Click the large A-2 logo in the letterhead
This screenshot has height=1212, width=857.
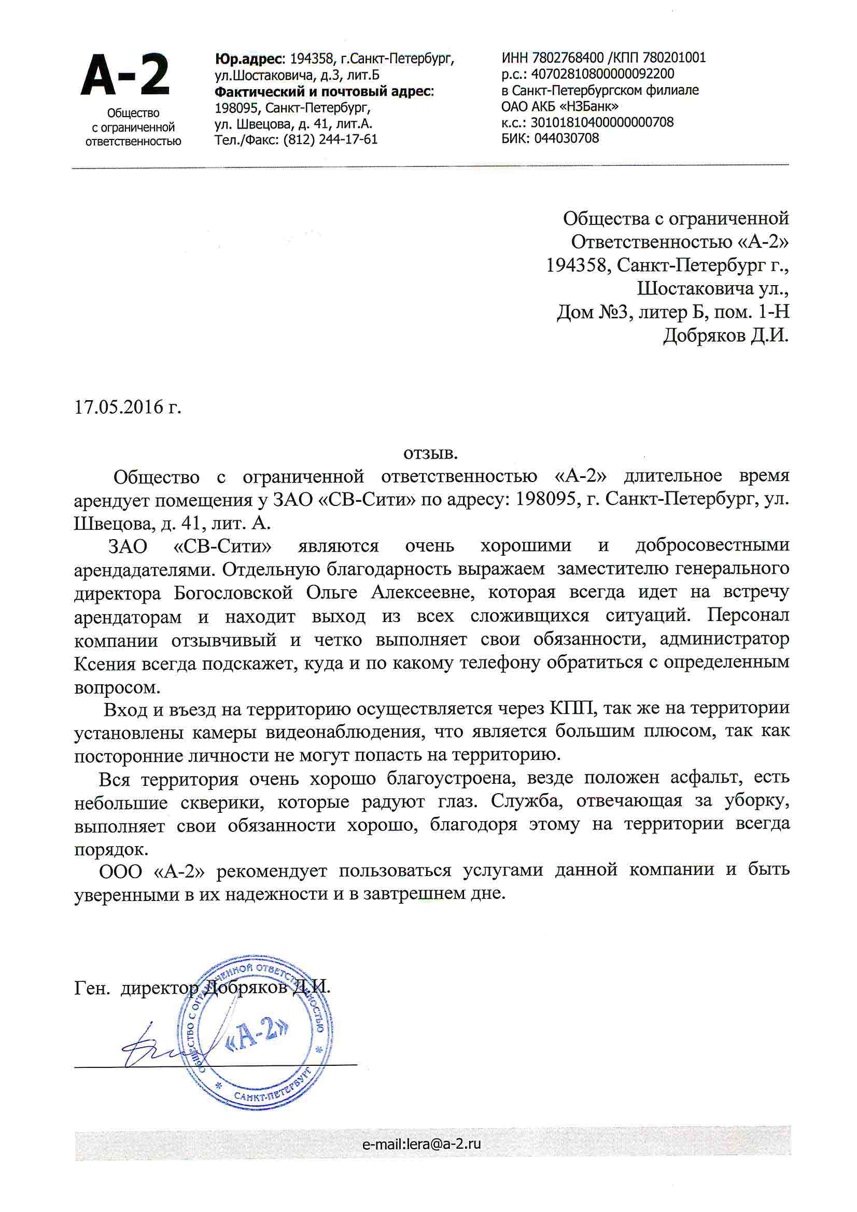coord(125,76)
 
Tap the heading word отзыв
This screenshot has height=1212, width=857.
coord(430,453)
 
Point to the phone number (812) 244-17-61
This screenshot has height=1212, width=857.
coord(331,139)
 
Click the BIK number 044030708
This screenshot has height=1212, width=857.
coord(567,138)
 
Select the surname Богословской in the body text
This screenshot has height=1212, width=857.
coord(233,593)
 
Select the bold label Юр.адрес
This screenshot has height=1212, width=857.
coord(249,58)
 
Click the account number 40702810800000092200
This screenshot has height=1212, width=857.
coord(602,74)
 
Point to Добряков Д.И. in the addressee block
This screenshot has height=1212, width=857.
coord(725,336)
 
